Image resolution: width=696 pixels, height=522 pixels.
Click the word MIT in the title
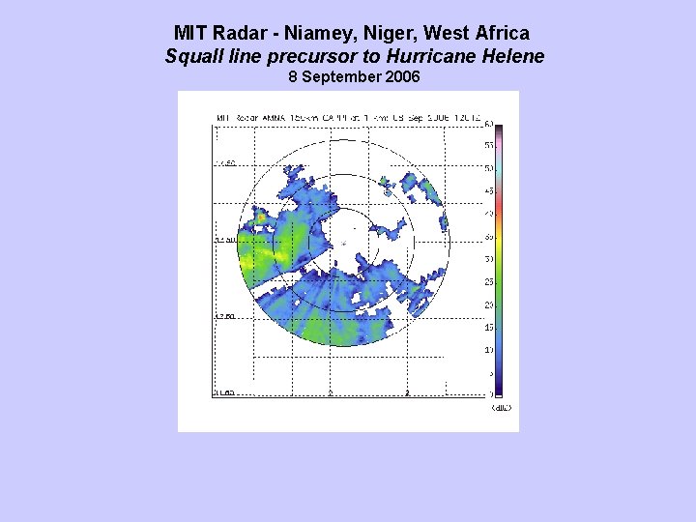click(x=191, y=34)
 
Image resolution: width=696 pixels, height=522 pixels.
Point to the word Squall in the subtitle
click(x=191, y=56)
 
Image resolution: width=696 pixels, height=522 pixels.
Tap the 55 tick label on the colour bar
click(x=489, y=145)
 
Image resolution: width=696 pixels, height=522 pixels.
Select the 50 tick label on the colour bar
click(x=489, y=168)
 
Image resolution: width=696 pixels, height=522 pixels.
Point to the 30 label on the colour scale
click(x=489, y=259)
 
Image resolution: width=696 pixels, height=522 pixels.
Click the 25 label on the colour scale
click(x=489, y=282)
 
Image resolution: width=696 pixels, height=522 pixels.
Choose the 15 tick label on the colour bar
click(x=489, y=328)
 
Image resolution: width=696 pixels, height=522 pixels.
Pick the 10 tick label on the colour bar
click(x=489, y=350)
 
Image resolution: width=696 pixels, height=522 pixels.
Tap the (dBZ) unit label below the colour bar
click(x=501, y=408)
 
